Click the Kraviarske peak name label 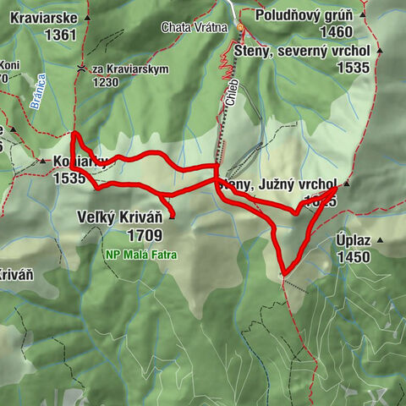click(x=43, y=18)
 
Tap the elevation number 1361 click(x=56, y=35)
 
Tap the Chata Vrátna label click(x=195, y=27)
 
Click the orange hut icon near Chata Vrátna click(x=239, y=28)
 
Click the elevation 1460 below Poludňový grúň click(x=336, y=32)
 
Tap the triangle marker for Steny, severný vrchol click(x=378, y=50)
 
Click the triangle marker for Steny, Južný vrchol click(x=346, y=183)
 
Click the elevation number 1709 click(x=145, y=234)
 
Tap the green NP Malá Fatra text click(x=140, y=253)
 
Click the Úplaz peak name click(x=352, y=241)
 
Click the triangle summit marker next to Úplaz click(x=379, y=241)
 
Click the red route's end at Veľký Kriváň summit click(x=172, y=217)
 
